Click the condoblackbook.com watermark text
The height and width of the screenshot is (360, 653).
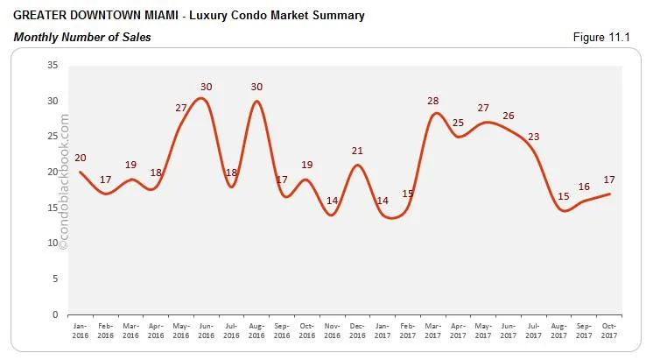pos(63,188)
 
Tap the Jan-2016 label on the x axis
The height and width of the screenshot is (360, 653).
pos(80,330)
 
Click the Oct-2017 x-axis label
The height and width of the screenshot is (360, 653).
pos(609,330)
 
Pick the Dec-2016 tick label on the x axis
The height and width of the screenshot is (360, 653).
pos(357,330)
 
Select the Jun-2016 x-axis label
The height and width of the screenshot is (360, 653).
pos(206,330)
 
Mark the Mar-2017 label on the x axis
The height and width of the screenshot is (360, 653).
pos(432,330)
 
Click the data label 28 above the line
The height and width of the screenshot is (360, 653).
pos(432,101)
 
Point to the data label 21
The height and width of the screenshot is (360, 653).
pos(357,151)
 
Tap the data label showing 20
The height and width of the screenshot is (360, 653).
pos(81,158)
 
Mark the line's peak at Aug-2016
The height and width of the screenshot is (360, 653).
pos(256,101)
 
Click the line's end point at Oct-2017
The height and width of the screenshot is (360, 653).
pos(609,194)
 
